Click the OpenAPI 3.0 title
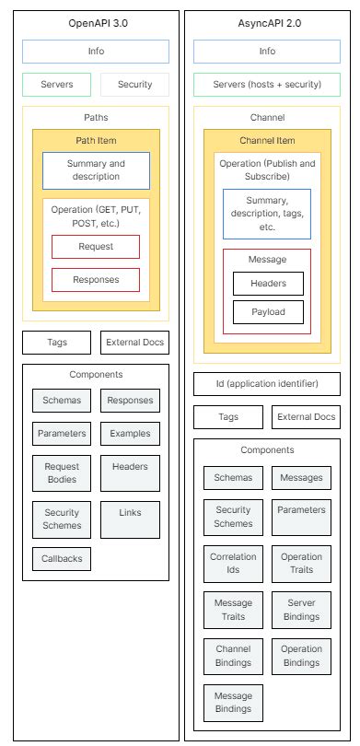click(95, 21)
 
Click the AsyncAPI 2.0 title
click(266, 21)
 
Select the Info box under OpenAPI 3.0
click(96, 52)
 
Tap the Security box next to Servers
click(134, 85)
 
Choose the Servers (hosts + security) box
click(266, 85)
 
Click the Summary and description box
click(96, 170)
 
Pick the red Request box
click(96, 247)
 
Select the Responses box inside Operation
click(96, 279)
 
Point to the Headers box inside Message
click(267, 284)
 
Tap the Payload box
click(267, 312)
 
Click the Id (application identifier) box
click(266, 383)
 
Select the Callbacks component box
click(61, 558)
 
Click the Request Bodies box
click(61, 473)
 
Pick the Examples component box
click(130, 433)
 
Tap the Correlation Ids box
click(233, 564)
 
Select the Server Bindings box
click(301, 610)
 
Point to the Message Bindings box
click(233, 702)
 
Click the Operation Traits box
click(301, 564)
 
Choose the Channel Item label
click(266, 140)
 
